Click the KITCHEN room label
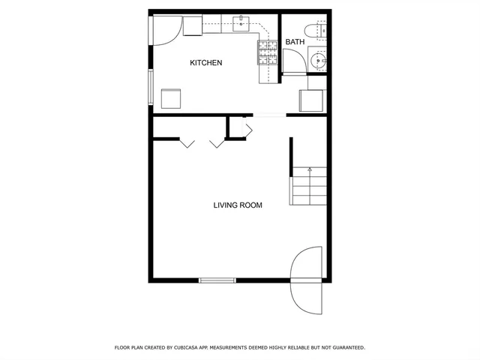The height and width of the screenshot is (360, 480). [205, 63]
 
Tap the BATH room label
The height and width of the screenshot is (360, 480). [295, 42]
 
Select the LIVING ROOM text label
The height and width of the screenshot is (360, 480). [238, 205]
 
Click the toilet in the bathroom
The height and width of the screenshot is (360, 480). [320, 29]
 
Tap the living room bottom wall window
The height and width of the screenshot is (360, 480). [217, 280]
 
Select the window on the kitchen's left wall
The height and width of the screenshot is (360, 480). [151, 87]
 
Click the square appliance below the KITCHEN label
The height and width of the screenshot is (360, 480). [171, 98]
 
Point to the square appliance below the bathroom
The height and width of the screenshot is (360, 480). [311, 100]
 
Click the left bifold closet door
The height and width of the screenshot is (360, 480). [187, 142]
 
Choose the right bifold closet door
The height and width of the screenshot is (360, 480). [218, 142]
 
